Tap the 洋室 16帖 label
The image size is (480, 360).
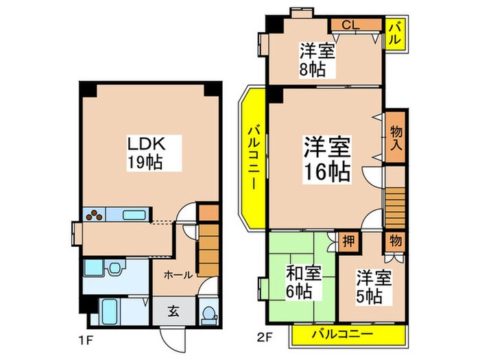pos(327,158)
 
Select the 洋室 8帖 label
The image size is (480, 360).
pos(316,60)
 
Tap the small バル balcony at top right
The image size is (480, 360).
pos(396,33)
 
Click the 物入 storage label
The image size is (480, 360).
pos(396,138)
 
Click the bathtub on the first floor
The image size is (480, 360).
pos(110,313)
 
